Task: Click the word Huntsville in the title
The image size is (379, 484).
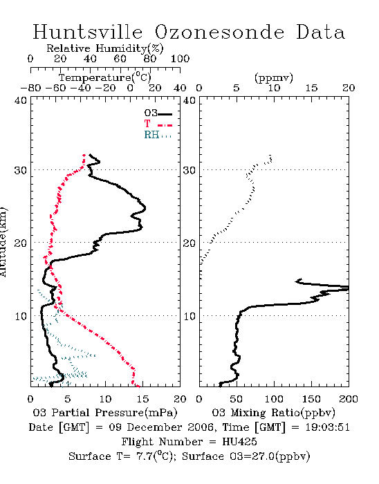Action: click(88, 32)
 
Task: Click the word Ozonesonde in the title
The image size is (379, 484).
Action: click(219, 32)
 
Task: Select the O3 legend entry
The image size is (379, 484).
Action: click(158, 113)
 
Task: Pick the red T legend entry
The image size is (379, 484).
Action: click(158, 124)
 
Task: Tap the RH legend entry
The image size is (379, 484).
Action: click(158, 135)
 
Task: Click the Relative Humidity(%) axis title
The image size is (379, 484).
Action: click(105, 48)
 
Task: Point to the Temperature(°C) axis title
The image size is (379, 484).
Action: click(105, 77)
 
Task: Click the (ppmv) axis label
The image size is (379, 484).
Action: click(274, 77)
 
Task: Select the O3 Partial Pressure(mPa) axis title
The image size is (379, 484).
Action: click(105, 413)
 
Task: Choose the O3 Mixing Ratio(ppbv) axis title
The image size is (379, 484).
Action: click(273, 413)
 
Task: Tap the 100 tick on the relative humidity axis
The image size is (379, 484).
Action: click(180, 59)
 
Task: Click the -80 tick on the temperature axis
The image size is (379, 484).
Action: click(30, 89)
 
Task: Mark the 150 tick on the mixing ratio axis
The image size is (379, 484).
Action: click(311, 399)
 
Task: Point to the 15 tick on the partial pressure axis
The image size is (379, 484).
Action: click(142, 399)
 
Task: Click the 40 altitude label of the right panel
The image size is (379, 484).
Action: click(189, 101)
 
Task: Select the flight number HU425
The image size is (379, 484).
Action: click(239, 442)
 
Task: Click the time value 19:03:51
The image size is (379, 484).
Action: click(327, 427)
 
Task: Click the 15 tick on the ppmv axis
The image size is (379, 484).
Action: click(311, 89)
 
